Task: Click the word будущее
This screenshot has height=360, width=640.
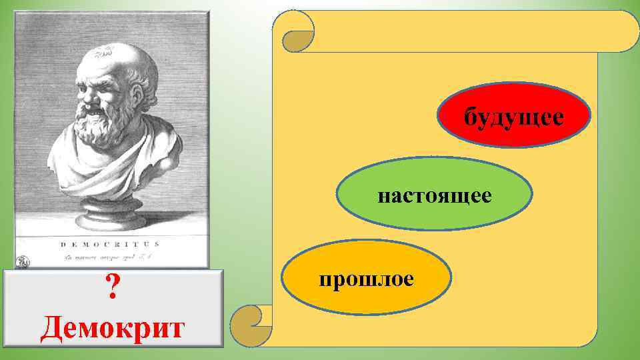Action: tap(514, 117)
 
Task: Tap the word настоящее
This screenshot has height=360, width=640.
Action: tap(435, 195)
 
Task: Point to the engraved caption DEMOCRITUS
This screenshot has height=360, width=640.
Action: tap(110, 245)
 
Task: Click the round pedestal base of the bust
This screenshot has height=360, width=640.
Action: tap(110, 217)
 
